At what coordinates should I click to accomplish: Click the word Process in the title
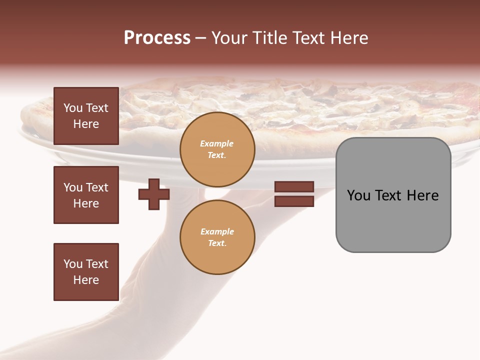click(157, 38)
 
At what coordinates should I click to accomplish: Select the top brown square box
click(86, 116)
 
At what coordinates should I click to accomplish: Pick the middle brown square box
click(86, 195)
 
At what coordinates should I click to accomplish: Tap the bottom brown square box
click(86, 271)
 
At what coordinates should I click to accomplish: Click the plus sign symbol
click(154, 194)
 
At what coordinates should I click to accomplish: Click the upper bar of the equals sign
click(294, 186)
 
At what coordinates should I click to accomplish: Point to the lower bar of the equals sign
click(294, 201)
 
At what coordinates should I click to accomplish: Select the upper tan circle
click(217, 149)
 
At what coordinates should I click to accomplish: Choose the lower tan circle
click(217, 237)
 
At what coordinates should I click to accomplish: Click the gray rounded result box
click(393, 195)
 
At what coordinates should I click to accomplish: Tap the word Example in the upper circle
click(217, 143)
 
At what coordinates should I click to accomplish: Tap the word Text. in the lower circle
click(217, 243)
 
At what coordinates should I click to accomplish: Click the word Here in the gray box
click(422, 195)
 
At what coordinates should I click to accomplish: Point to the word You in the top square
click(73, 108)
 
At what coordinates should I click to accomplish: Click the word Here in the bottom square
click(86, 280)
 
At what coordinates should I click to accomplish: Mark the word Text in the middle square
click(97, 187)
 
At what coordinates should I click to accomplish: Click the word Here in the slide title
click(348, 38)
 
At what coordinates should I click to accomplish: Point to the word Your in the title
click(229, 38)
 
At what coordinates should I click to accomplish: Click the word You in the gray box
click(358, 195)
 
